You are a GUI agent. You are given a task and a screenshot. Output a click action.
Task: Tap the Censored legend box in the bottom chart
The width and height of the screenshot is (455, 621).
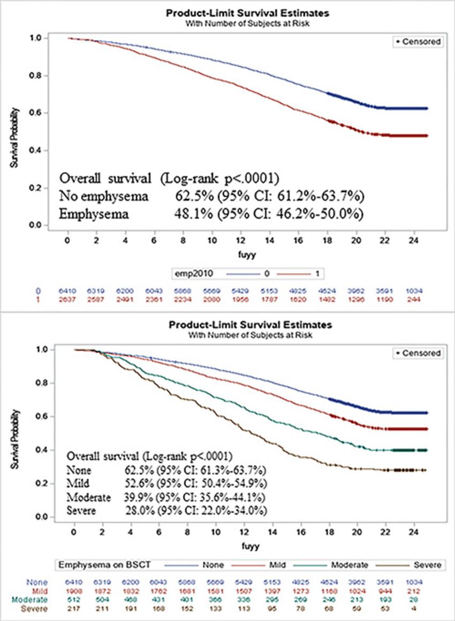[x=419, y=353]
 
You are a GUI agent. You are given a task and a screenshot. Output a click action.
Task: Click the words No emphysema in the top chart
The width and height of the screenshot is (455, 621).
[x=97, y=196]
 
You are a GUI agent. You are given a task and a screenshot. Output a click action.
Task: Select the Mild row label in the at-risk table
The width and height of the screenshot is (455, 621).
[x=37, y=591]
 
